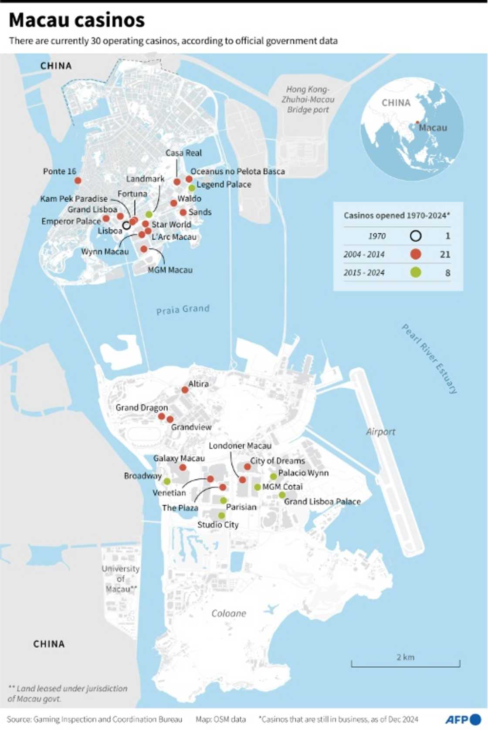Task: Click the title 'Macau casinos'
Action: (77, 20)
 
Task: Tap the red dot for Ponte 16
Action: (78, 180)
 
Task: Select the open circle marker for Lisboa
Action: (126, 225)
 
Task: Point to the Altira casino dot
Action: (185, 390)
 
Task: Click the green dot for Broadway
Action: (167, 481)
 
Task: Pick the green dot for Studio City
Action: (221, 515)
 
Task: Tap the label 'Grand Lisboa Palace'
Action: (322, 501)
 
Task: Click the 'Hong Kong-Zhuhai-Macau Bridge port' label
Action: (308, 99)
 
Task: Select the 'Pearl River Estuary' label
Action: (429, 359)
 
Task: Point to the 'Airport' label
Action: (380, 431)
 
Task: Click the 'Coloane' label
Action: (228, 613)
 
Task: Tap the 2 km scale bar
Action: (405, 664)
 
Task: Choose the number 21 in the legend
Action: (445, 254)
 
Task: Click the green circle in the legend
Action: (416, 272)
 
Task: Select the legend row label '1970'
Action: (377, 236)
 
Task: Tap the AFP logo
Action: (463, 719)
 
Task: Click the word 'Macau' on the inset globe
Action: (433, 128)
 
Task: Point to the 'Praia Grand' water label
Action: (183, 309)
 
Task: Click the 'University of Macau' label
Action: (120, 579)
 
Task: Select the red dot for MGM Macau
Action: (144, 249)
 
